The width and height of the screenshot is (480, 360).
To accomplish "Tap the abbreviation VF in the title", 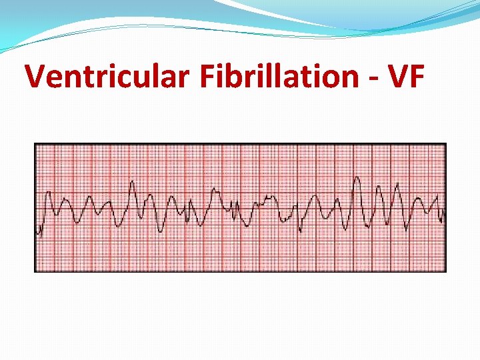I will point(403,77).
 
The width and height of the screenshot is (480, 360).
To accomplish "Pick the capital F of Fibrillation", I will point(206,77).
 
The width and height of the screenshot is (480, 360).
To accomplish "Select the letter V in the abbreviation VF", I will point(394,77).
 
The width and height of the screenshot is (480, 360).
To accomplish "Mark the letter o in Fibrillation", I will point(331,79).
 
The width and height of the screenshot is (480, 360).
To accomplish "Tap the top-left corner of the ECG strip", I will point(35,143).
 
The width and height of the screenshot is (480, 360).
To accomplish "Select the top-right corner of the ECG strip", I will point(445,143).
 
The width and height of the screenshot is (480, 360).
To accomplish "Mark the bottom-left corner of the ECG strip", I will point(35,271).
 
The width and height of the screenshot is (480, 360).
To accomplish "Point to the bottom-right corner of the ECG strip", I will point(445,271).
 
